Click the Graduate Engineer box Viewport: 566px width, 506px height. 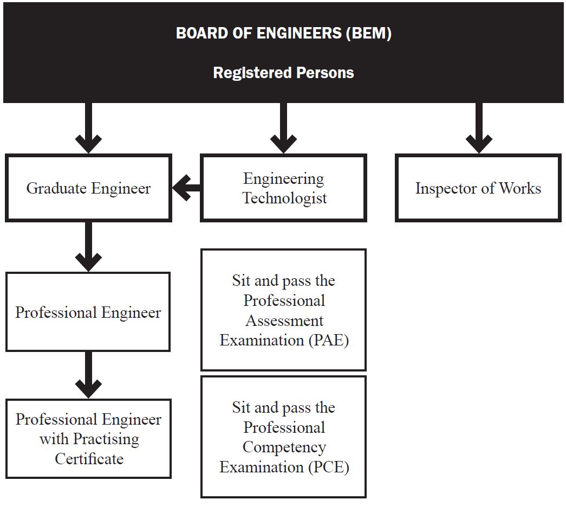(88, 188)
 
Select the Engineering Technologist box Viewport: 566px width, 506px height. (283, 188)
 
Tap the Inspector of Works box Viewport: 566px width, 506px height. (478, 188)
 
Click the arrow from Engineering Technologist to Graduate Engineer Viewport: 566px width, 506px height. (186, 189)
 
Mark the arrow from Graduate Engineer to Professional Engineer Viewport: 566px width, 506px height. (89, 247)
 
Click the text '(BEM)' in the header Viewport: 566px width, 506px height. (368, 33)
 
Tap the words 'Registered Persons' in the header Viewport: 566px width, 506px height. (283, 73)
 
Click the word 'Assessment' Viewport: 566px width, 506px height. (284, 321)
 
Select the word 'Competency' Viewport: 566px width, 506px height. (284, 447)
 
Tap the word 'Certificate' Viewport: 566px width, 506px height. (89, 459)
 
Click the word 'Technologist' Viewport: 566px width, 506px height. (284, 198)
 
